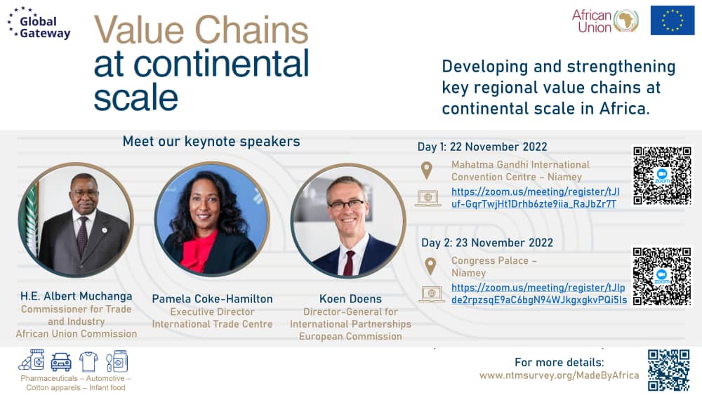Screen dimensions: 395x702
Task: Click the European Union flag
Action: tap(672, 20)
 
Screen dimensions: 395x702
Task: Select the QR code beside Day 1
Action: tap(662, 175)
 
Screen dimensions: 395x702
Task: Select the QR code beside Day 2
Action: tap(662, 276)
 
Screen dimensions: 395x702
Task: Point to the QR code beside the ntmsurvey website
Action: tap(668, 370)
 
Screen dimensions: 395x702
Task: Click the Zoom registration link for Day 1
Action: tap(534, 197)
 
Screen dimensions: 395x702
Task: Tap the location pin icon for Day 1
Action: tap(426, 170)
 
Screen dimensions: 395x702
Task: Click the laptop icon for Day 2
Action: tap(430, 293)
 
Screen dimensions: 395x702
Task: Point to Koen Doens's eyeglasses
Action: tap(346, 205)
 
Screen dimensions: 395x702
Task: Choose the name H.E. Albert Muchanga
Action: tap(76, 297)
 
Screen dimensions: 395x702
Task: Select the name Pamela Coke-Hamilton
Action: tap(212, 299)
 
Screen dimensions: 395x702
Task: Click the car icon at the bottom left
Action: tap(61, 361)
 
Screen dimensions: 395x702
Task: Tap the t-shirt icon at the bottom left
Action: tap(88, 361)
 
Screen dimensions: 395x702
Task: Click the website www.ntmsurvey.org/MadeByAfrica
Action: tap(559, 375)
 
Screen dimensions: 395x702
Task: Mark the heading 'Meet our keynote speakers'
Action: tap(211, 142)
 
